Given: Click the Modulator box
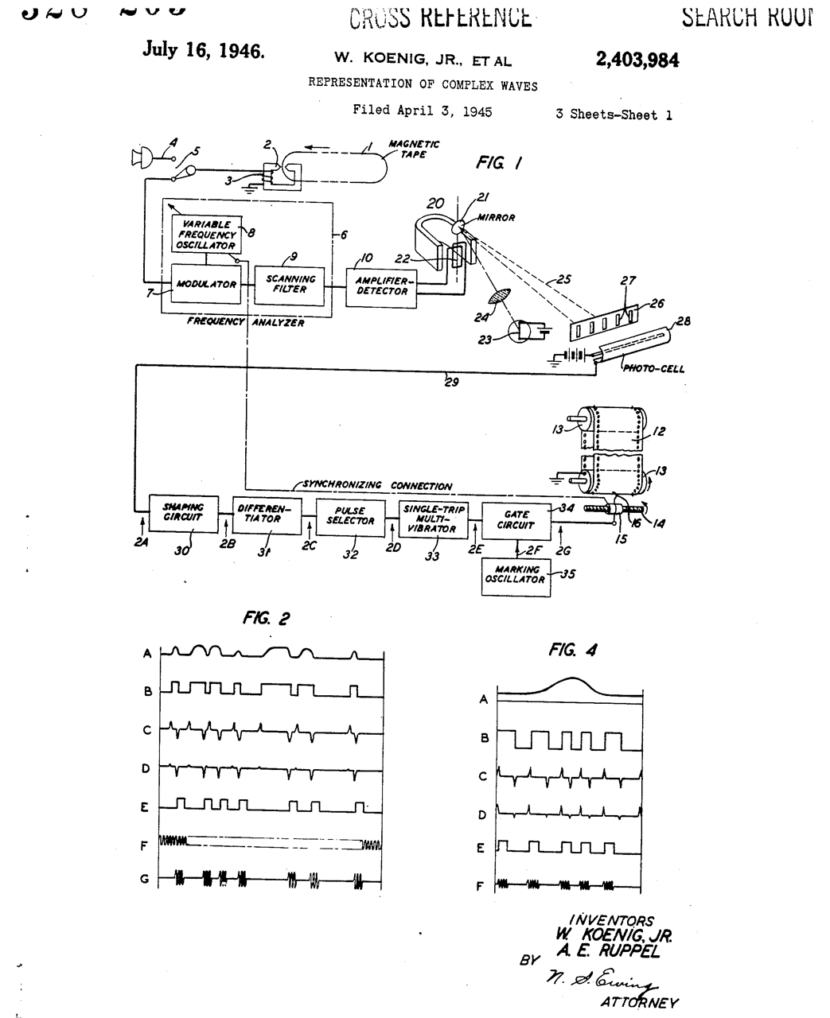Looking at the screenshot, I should (206, 284).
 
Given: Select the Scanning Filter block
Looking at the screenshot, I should (290, 284).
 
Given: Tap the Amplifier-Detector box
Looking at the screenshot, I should (381, 286).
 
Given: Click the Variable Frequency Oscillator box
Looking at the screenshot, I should (206, 235).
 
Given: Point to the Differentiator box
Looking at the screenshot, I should (267, 514).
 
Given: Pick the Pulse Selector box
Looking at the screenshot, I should (350, 515).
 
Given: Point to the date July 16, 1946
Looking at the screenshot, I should (203, 50).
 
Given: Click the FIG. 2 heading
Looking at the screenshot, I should (266, 618).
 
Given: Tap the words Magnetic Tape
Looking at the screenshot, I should (413, 149).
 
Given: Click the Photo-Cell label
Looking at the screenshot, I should (653, 368).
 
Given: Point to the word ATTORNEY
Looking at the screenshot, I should (640, 1002).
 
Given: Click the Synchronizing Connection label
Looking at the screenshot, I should (377, 486).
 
